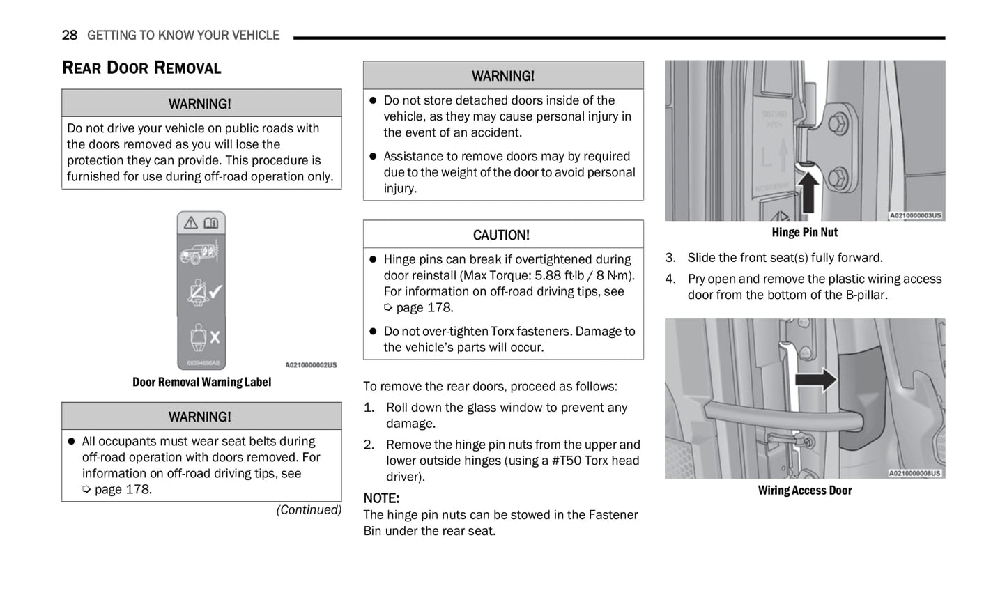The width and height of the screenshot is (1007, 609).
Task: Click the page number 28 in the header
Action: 69,35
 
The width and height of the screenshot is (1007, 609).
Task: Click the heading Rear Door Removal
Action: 141,68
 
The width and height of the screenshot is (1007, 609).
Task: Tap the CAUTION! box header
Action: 502,235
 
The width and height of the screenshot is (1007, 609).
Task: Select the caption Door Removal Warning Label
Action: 201,382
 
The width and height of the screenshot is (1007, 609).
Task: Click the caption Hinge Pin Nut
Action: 804,233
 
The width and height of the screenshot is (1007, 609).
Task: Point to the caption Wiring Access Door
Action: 804,491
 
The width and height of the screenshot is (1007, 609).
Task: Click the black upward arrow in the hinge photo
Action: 808,192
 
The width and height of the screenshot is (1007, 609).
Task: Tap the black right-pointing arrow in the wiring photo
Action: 815,380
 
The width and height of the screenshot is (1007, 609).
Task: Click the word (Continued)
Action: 309,510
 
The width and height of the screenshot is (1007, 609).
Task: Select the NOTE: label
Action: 381,498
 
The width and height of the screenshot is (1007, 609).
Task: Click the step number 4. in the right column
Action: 670,279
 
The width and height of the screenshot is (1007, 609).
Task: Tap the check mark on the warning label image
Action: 216,291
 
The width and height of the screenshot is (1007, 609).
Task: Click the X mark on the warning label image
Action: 215,337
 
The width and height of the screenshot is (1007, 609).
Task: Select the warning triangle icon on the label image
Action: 190,223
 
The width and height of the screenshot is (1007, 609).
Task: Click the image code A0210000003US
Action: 915,216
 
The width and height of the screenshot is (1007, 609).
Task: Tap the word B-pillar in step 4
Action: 866,295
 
